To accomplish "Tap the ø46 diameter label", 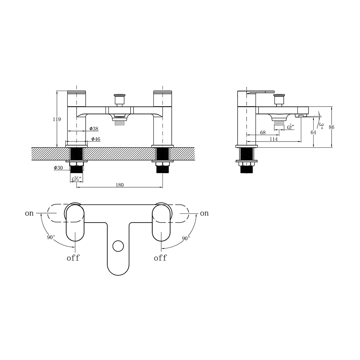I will click(x=95, y=139).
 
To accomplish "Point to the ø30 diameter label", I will click(x=58, y=168).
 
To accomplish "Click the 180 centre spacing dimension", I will click(x=120, y=185).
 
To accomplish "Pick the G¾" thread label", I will click(x=76, y=179).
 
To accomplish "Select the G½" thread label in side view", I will click(x=291, y=127).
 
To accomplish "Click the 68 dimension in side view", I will click(x=264, y=132).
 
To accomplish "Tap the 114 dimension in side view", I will click(x=274, y=139).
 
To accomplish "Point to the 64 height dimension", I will click(x=313, y=132).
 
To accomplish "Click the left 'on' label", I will click(x=29, y=213).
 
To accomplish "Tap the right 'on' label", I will click(x=204, y=213).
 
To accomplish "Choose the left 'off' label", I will click(x=73, y=258).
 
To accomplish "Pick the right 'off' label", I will click(x=160, y=258).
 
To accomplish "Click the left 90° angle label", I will click(x=51, y=237).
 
